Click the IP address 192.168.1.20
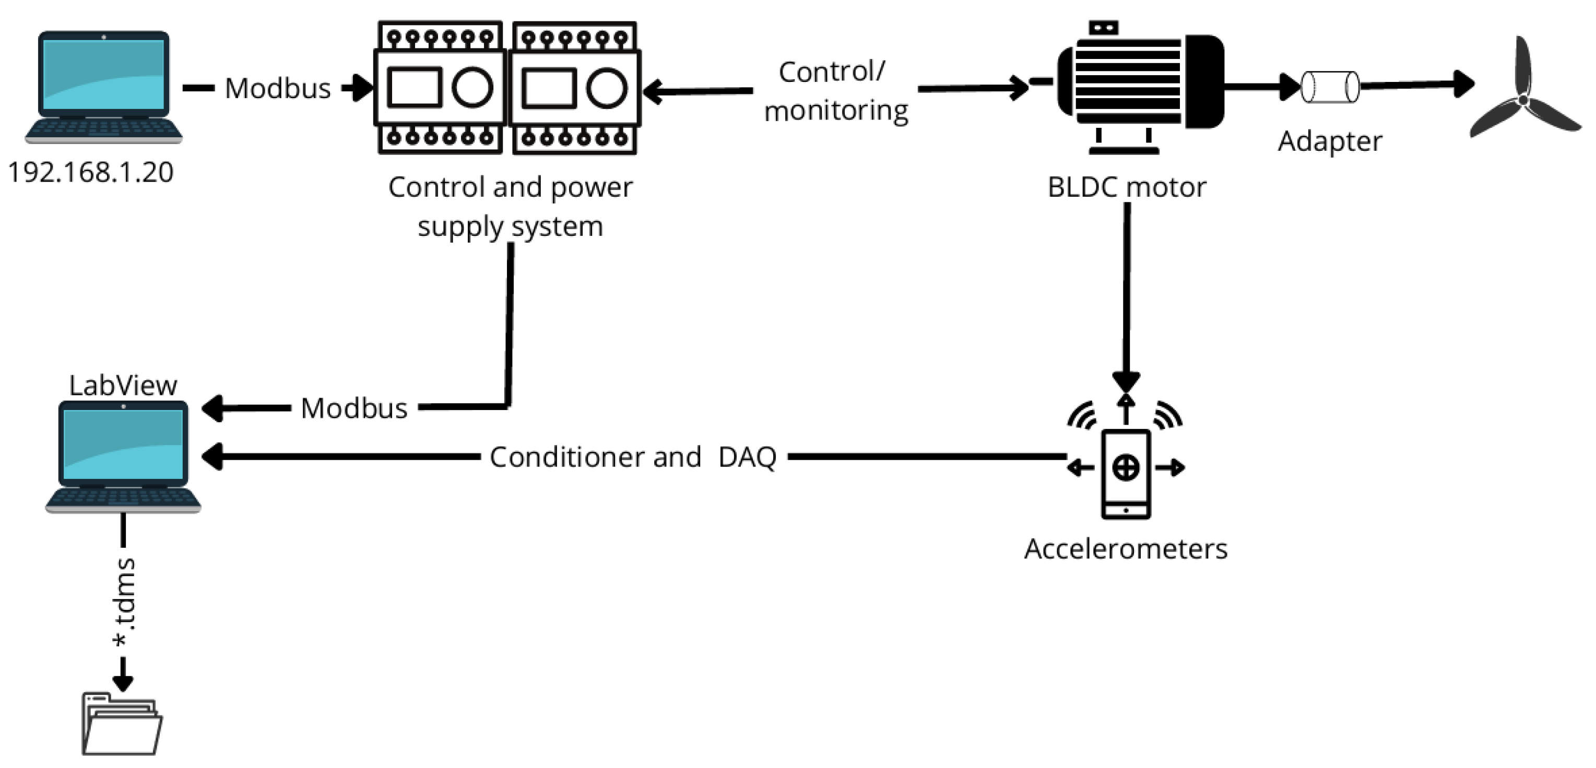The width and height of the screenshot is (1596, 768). [90, 172]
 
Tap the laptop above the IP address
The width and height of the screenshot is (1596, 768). [103, 87]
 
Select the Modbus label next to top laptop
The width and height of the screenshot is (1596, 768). [278, 89]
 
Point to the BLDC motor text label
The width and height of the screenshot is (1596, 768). [1126, 187]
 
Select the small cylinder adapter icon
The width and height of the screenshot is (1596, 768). [1330, 87]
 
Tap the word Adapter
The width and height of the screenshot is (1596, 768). [1330, 141]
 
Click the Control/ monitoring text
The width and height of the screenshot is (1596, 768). [835, 92]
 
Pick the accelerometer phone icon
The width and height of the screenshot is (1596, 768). [1126, 473]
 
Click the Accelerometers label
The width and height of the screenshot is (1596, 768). [1125, 549]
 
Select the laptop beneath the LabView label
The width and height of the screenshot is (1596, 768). [123, 456]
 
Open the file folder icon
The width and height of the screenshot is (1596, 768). [122, 725]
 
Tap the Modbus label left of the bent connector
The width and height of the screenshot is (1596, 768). [354, 408]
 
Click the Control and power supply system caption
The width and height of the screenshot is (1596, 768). [510, 206]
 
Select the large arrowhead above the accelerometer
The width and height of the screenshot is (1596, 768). [1126, 380]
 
